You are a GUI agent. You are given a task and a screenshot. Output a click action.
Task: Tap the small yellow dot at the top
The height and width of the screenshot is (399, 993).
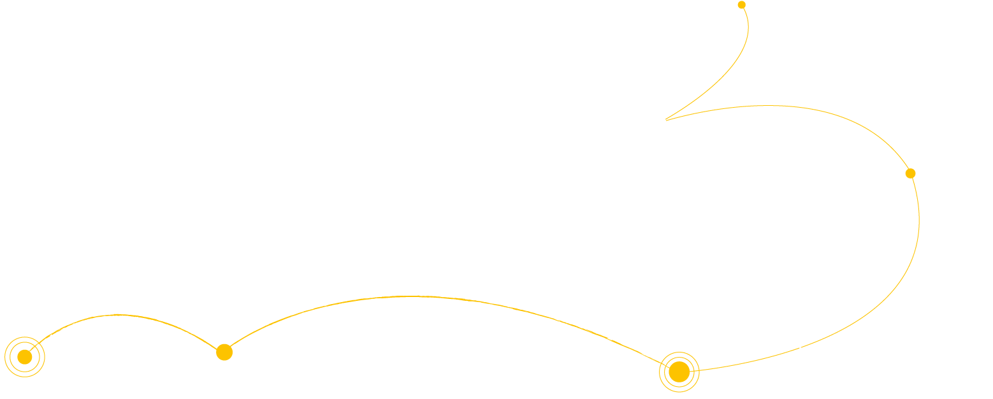pos(741,5)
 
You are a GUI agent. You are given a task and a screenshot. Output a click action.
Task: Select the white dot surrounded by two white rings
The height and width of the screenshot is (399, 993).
pos(659,122)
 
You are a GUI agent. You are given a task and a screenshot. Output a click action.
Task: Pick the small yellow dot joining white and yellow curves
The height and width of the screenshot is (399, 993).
pos(910,173)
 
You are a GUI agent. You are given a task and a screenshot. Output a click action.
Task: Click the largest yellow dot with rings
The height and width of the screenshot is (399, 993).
pos(679,372)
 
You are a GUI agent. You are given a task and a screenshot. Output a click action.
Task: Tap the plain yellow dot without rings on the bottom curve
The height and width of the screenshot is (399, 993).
pos(224,352)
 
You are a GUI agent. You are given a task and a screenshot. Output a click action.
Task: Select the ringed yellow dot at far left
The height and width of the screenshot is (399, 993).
pos(25,357)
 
